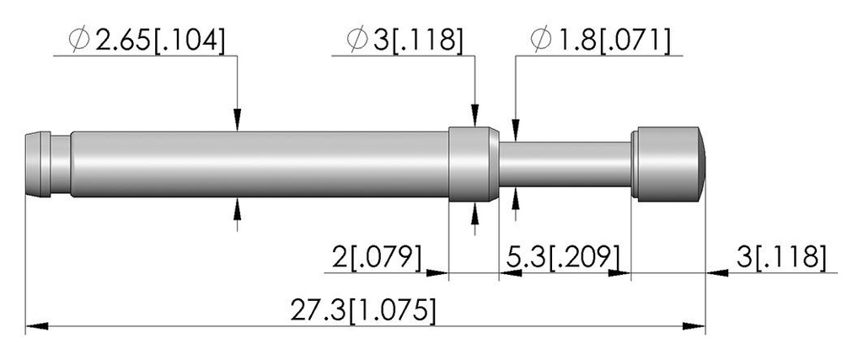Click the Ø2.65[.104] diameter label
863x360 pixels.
[147, 40]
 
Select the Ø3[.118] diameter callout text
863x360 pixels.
[405, 40]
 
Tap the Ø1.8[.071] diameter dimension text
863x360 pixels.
[600, 40]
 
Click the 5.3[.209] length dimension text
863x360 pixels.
[562, 256]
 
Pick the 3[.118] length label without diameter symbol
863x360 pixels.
[781, 256]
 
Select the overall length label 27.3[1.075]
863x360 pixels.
[363, 311]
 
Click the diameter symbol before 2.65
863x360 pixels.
[80, 40]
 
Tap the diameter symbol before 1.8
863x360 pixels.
[541, 40]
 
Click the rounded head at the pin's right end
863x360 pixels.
[668, 164]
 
